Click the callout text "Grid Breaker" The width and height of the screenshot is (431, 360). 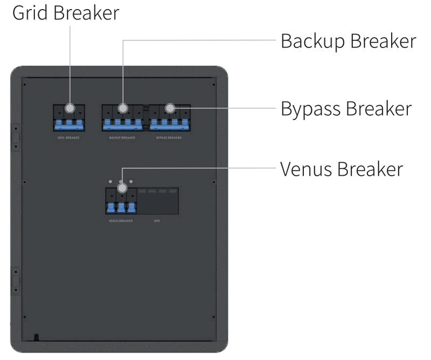pos(66,13)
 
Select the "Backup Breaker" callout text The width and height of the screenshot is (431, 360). pos(348,41)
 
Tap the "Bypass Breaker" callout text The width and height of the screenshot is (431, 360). pos(346,108)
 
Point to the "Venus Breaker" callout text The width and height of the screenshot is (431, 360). pos(341,169)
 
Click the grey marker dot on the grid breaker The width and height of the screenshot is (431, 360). pos(69,108)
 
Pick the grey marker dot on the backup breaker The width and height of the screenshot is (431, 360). pos(123,108)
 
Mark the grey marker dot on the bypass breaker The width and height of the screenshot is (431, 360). pos(170,108)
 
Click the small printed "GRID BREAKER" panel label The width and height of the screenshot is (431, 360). pos(68,138)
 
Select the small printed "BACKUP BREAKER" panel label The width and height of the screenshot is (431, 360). pos(123,138)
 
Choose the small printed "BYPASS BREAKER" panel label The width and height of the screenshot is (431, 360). pos(169,138)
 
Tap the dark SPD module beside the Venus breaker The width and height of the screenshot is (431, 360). pos(158,202)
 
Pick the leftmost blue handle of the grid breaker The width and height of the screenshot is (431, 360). pos(59,125)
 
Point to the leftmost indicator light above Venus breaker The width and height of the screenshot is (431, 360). pos(111,182)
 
